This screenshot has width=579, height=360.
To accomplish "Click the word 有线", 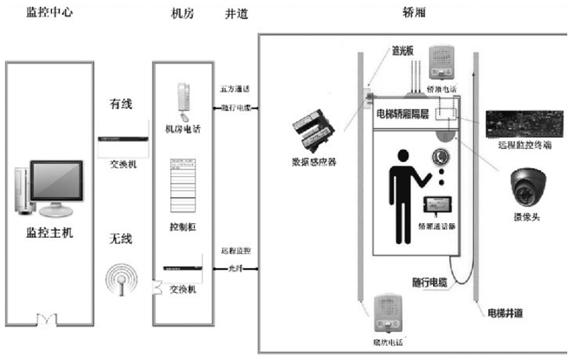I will (x=121, y=105).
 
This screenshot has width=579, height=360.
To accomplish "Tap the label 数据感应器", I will (x=315, y=164).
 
